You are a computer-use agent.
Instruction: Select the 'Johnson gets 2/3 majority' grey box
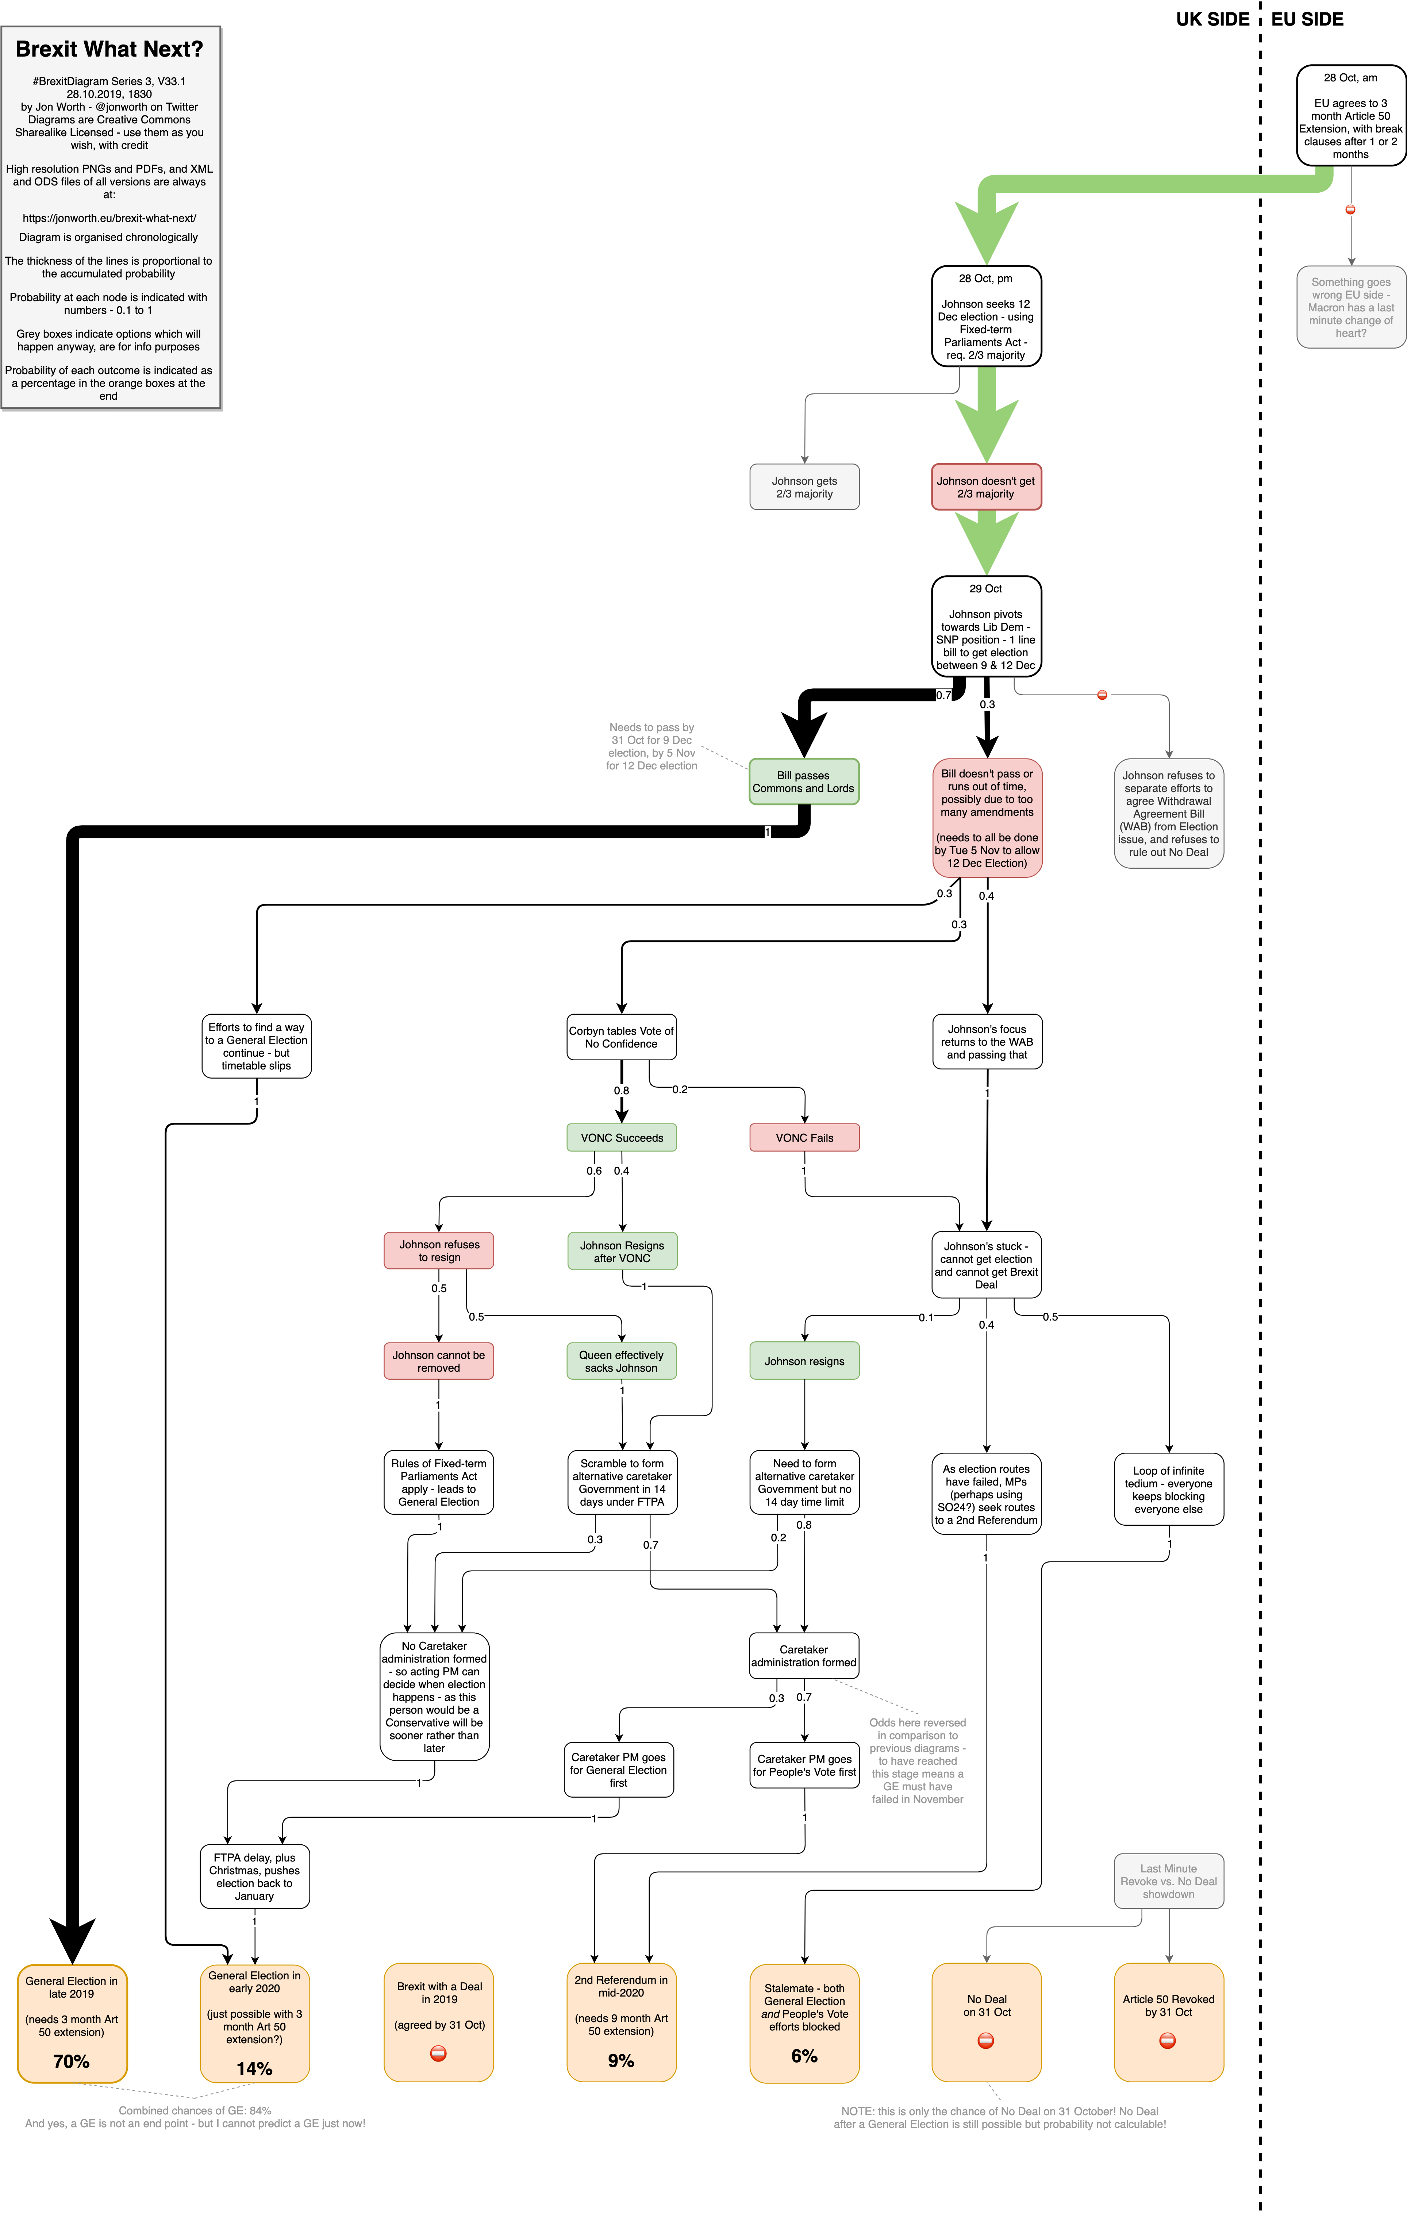804,487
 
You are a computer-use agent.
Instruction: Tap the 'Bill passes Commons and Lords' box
803,781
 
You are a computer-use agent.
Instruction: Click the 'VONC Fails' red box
804,1137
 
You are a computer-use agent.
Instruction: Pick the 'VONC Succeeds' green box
622,1137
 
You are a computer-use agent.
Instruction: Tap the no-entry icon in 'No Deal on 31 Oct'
986,2041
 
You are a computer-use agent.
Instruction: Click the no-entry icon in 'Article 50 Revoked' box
1167,2041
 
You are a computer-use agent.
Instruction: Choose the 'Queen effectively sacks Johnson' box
622,1360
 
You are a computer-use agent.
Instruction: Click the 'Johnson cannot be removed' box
438,1360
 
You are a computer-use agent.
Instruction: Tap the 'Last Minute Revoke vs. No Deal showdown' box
1168,1881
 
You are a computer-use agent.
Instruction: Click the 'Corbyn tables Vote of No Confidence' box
622,1038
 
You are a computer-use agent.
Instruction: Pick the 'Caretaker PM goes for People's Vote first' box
804,1765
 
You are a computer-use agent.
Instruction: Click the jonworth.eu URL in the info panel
109,219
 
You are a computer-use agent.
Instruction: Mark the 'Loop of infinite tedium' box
1168,1490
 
